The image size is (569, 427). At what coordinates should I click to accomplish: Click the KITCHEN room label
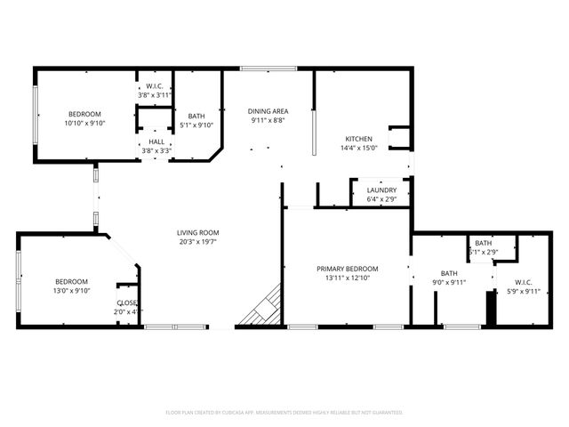[358, 139]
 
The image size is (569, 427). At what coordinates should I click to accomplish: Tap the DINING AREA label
[267, 110]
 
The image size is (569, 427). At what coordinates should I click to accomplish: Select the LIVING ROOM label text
[197, 232]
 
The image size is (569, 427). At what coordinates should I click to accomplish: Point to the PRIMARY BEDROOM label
[349, 269]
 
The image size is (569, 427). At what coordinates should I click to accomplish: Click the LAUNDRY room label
[381, 190]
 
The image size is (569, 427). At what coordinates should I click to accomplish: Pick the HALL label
[156, 141]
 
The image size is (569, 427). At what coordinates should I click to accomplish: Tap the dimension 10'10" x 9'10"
[85, 124]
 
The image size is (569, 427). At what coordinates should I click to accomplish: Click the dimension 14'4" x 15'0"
[358, 149]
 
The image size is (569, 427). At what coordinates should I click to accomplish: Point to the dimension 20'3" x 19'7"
[197, 241]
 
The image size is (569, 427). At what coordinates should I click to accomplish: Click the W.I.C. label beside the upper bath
[154, 86]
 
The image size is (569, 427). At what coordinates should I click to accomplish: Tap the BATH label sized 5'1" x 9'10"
[196, 116]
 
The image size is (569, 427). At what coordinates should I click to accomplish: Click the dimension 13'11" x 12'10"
[349, 278]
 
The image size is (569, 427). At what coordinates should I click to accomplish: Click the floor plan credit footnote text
[284, 413]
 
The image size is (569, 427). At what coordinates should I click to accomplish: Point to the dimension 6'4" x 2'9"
[381, 199]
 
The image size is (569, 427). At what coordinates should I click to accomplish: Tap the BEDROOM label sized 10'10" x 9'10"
[85, 114]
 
